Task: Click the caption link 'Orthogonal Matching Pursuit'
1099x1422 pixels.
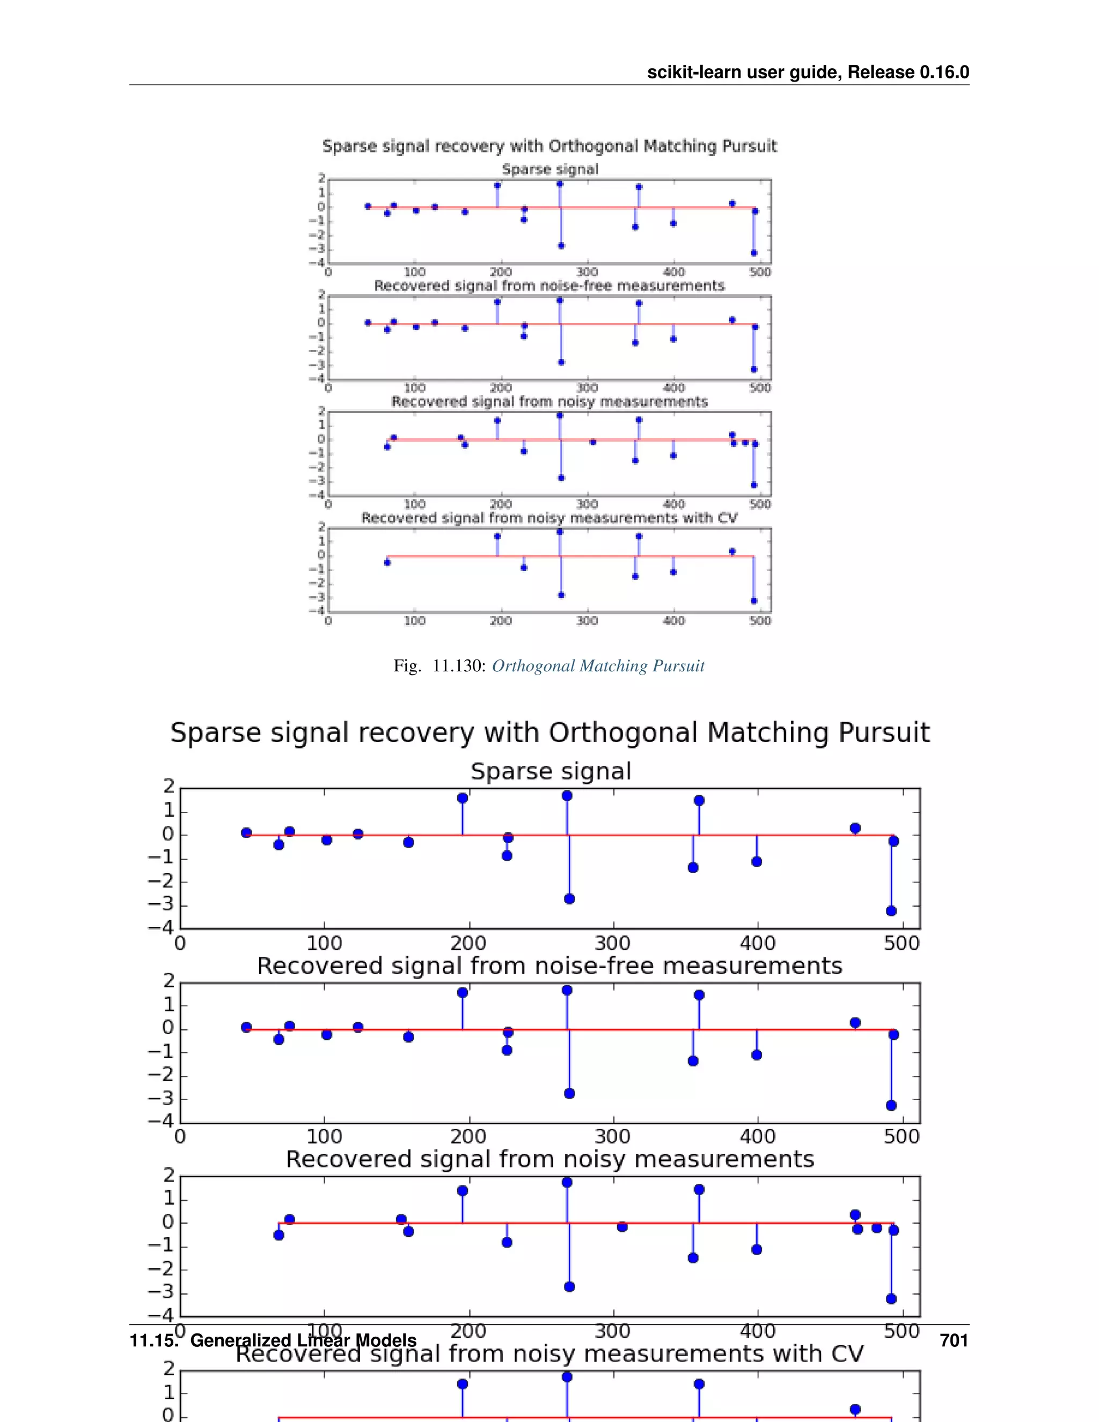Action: point(598,665)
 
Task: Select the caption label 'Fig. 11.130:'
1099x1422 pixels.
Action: point(440,665)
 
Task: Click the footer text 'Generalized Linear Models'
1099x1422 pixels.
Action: point(303,1340)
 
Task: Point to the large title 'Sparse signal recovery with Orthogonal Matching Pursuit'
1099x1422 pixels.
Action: point(549,732)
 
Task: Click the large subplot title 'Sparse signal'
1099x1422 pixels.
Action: point(551,772)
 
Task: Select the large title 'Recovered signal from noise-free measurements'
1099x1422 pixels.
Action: point(549,965)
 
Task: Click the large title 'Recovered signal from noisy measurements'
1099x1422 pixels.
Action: point(549,1160)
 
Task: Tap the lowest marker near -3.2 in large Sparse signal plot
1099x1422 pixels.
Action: point(891,910)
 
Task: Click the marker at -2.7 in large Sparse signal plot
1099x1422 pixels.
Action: point(569,898)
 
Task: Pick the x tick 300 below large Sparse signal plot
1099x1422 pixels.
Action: point(613,943)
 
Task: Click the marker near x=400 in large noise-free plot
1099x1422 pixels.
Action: point(757,1055)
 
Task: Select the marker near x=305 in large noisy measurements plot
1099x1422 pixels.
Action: point(622,1227)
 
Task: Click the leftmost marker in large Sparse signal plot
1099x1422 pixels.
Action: point(246,833)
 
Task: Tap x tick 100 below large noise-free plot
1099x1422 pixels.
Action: point(324,1137)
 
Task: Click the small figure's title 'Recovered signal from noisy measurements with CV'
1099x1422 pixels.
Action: point(549,518)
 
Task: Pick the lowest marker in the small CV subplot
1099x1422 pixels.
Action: point(754,601)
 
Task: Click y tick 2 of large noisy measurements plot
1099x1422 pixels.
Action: point(168,1175)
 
